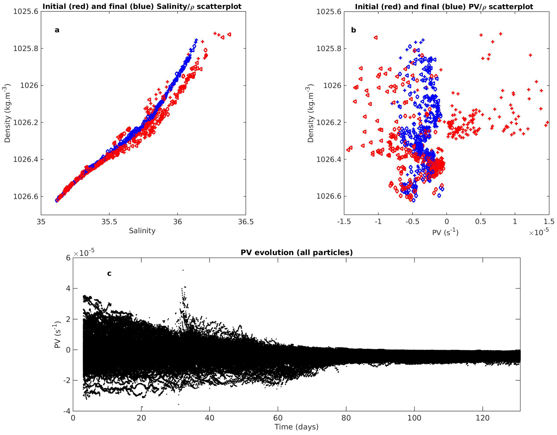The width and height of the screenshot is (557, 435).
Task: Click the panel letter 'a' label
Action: coord(57,30)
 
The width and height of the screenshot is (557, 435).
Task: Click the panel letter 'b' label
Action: coord(354,30)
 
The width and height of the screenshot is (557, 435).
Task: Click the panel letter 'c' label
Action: coord(109,273)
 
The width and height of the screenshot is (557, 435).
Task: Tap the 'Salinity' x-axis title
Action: coord(142,231)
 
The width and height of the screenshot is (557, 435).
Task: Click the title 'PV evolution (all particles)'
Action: coord(297,253)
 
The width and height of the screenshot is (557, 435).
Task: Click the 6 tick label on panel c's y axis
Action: coord(68,258)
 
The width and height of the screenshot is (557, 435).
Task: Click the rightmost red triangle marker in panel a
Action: coord(229,34)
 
